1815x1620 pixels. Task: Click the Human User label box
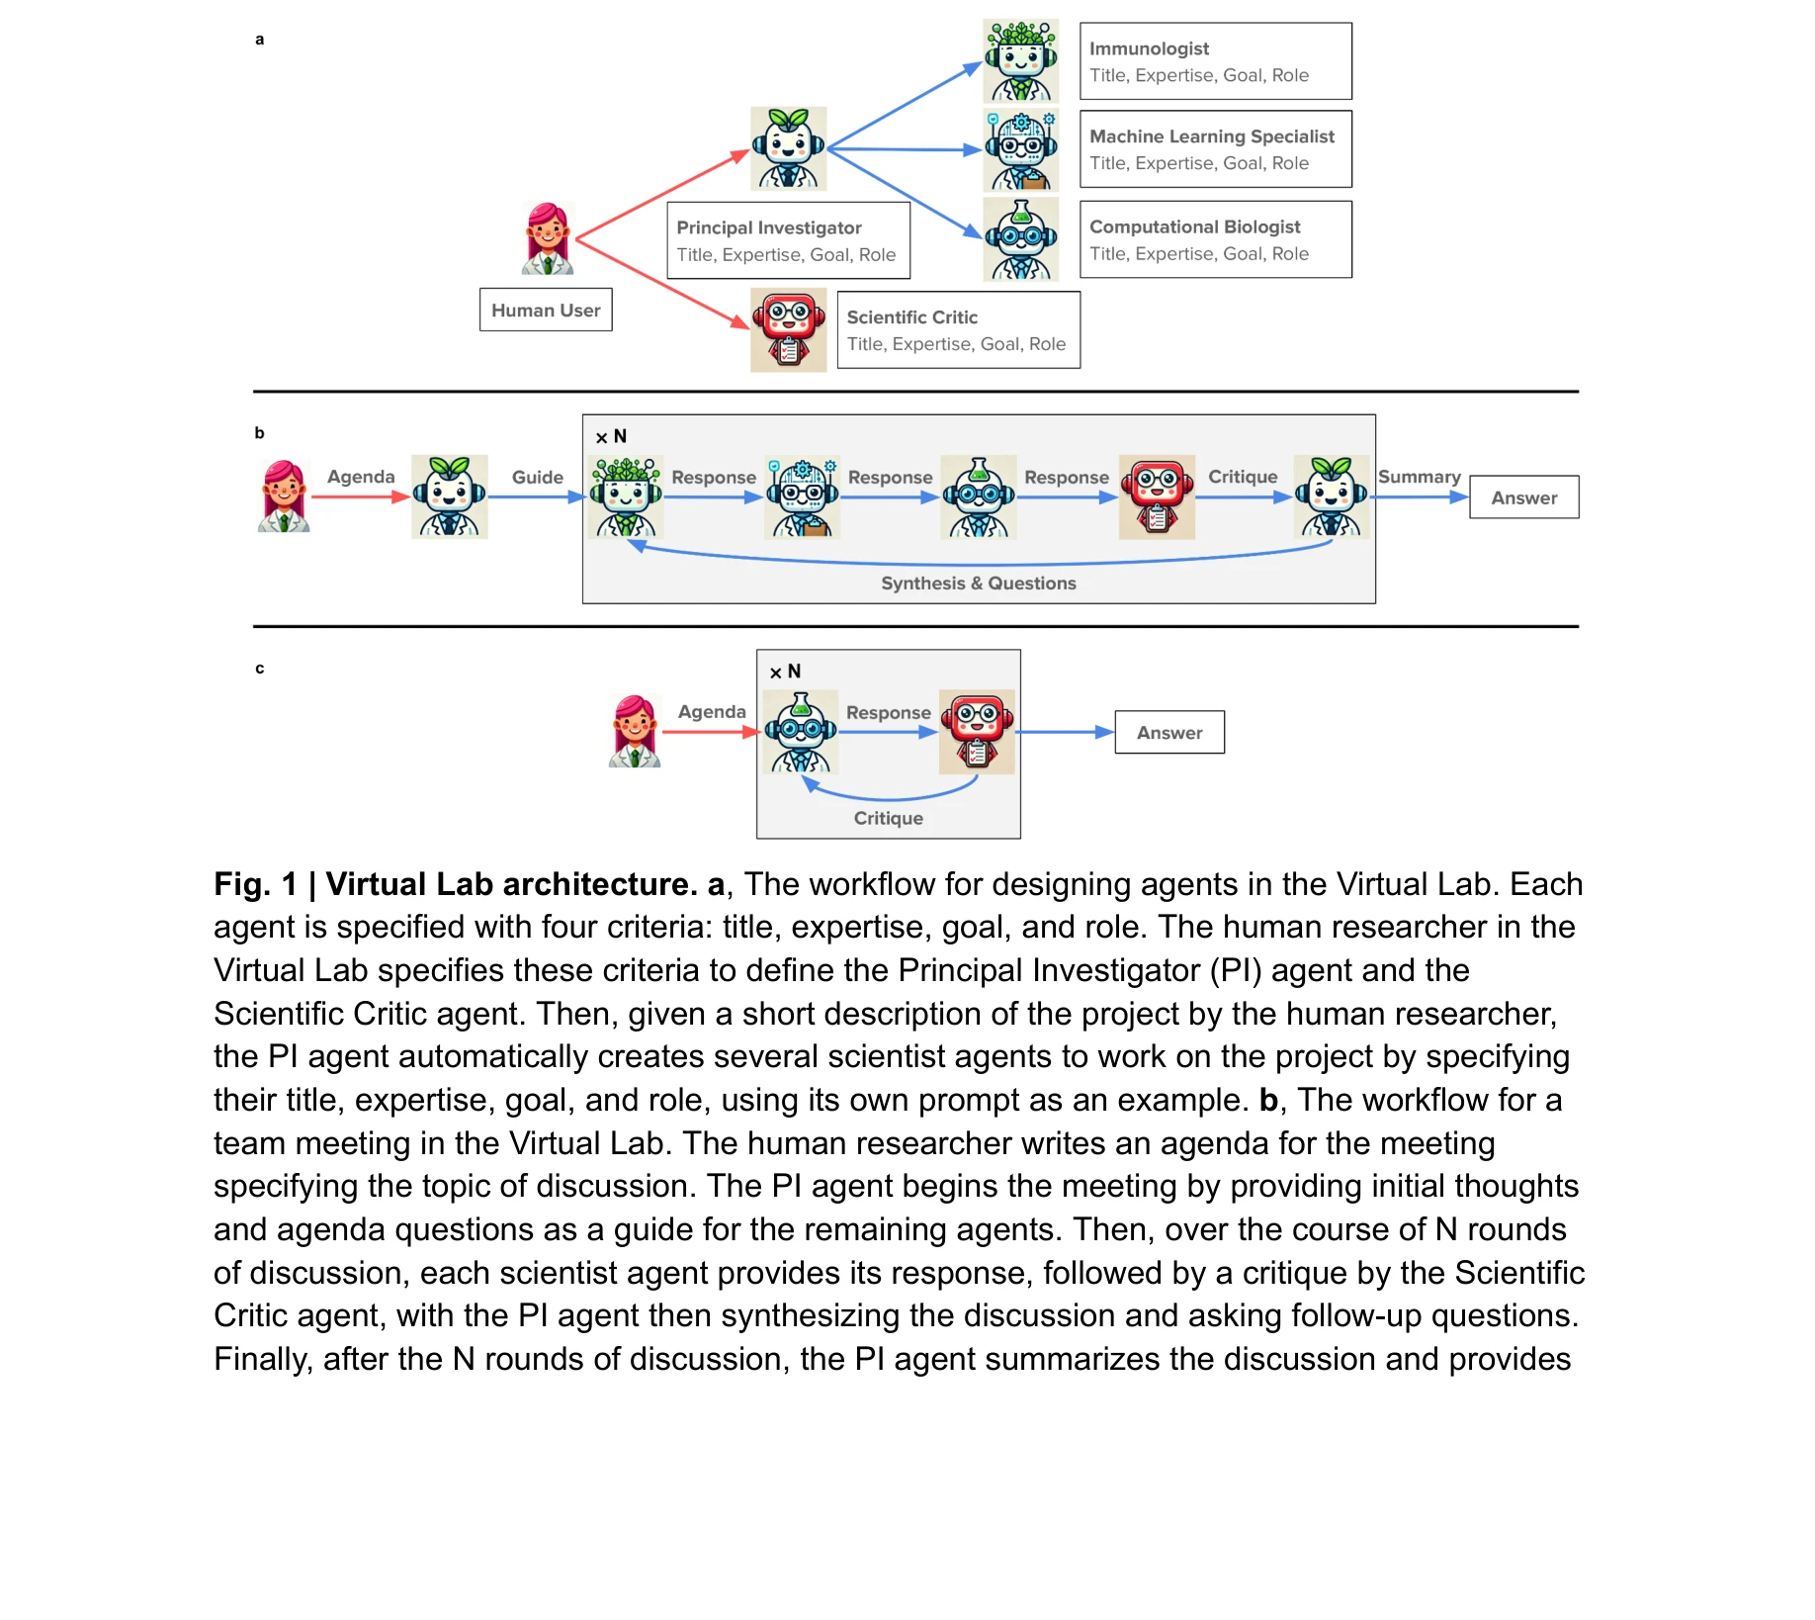pyautogui.click(x=546, y=310)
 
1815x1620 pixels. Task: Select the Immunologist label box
pyautogui.click(x=1215, y=61)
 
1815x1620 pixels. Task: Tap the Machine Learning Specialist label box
pyautogui.click(x=1215, y=149)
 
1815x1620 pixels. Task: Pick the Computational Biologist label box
pyautogui.click(x=1215, y=239)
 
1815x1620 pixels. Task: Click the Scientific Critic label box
pyautogui.click(x=958, y=329)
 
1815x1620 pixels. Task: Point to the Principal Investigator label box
pyautogui.click(x=788, y=240)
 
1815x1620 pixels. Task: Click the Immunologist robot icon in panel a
pyautogui.click(x=1020, y=61)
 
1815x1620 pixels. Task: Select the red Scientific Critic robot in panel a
pyautogui.click(x=788, y=329)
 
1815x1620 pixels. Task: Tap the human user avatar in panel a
pyautogui.click(x=548, y=238)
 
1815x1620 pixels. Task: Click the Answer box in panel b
pyautogui.click(x=1523, y=497)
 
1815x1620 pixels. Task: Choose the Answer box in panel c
pyautogui.click(x=1169, y=732)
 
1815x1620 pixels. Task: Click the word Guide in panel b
pyautogui.click(x=537, y=477)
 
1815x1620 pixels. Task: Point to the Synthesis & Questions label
pyautogui.click(x=978, y=584)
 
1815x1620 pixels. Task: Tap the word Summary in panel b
pyautogui.click(x=1419, y=477)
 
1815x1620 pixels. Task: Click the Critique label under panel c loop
pyautogui.click(x=888, y=818)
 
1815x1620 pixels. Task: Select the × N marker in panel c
pyautogui.click(x=786, y=672)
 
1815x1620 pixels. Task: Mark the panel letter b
pyautogui.click(x=259, y=432)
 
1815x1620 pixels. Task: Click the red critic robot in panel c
pyautogui.click(x=976, y=732)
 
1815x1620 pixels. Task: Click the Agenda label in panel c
pyautogui.click(x=711, y=711)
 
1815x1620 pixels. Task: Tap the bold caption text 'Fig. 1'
pyautogui.click(x=255, y=884)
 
